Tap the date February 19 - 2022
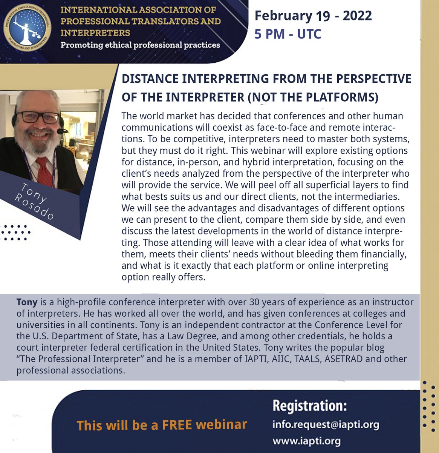tap(313, 16)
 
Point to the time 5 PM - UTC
tap(288, 34)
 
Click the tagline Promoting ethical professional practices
tap(140, 45)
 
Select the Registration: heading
tap(309, 406)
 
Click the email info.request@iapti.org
tap(326, 425)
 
